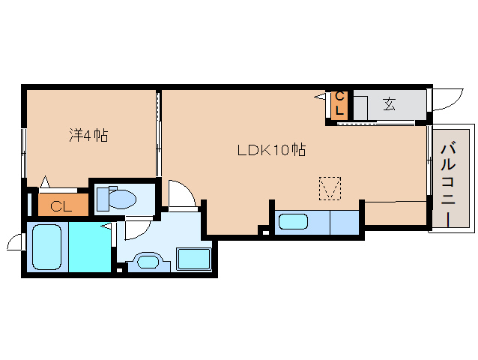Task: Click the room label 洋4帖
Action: coord(88,135)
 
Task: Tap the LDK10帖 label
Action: coord(272,150)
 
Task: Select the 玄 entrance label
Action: coord(390,103)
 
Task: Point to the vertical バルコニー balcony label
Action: coord(449,185)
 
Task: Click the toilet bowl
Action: coord(122,199)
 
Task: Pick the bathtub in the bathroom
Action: coord(47,247)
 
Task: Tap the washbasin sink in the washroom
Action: coord(148,262)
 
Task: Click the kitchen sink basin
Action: coord(293,221)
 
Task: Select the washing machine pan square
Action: coord(194,259)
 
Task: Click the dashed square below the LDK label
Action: coord(330,188)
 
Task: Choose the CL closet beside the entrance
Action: coord(339,105)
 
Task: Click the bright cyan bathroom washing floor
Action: coord(90,247)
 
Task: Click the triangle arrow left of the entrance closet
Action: coord(320,97)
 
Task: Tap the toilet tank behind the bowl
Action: coord(103,199)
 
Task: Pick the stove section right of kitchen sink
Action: coord(345,223)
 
